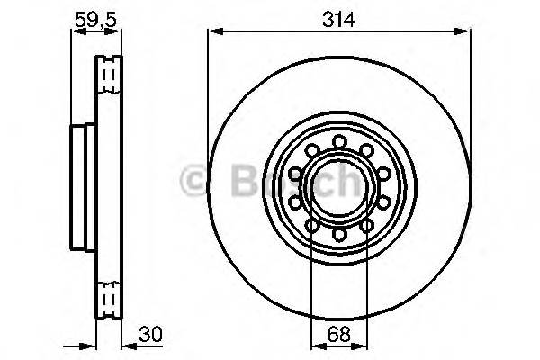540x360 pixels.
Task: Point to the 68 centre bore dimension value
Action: click(339, 331)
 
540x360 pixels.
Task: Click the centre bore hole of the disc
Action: click(338, 187)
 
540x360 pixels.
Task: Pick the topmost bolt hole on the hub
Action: click(338, 140)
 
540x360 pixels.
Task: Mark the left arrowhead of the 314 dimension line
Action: click(212, 31)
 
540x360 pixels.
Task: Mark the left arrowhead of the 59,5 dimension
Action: click(75, 31)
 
